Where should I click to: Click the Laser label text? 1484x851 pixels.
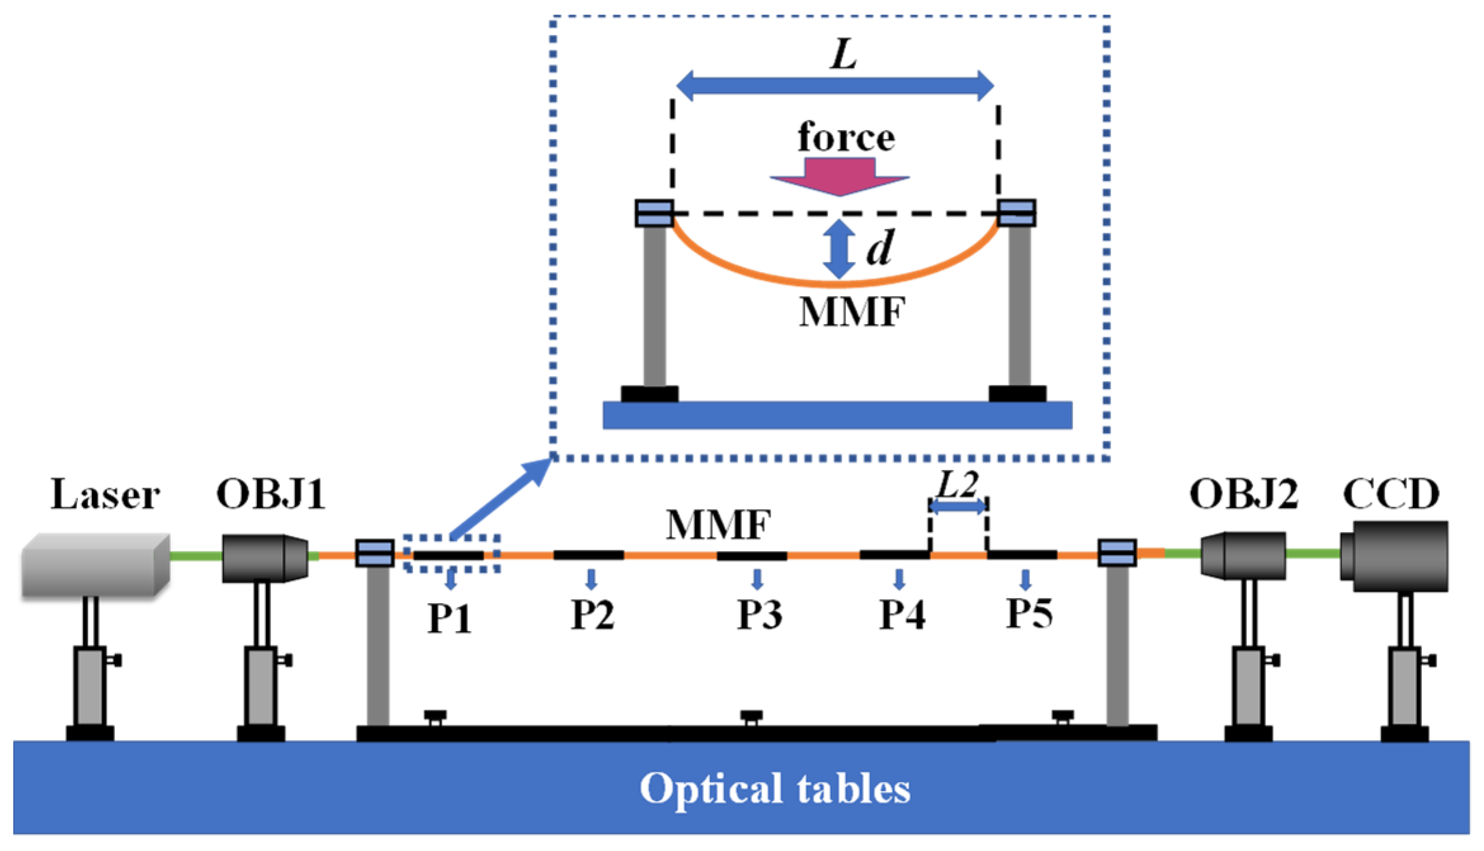coord(105,495)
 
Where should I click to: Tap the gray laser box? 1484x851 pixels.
coord(95,565)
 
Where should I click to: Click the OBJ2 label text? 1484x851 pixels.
coord(1243,494)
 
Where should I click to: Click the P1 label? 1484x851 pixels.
coord(450,618)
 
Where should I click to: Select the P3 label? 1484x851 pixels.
coord(759,614)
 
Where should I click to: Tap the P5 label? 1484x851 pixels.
coord(1030,613)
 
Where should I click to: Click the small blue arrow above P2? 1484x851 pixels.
coord(591,579)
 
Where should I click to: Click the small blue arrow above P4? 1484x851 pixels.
coord(899,579)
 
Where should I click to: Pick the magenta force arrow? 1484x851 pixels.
coord(840,177)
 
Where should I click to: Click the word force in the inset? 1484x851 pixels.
coord(846,137)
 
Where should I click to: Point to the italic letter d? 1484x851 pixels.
coord(880,247)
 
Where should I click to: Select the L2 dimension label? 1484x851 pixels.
coord(957,486)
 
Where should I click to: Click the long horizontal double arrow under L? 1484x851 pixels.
coord(835,86)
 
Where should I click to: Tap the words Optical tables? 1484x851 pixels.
coord(775,788)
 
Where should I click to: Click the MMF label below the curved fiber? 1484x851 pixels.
coord(852,312)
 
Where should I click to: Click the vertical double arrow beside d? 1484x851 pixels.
coord(839,249)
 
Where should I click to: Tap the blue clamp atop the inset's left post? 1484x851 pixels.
coord(654,213)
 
